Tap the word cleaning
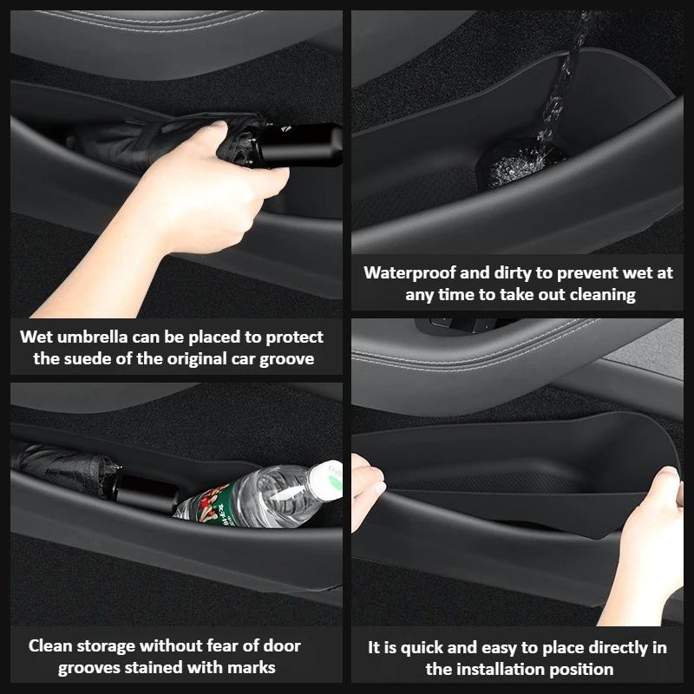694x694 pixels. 602,294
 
